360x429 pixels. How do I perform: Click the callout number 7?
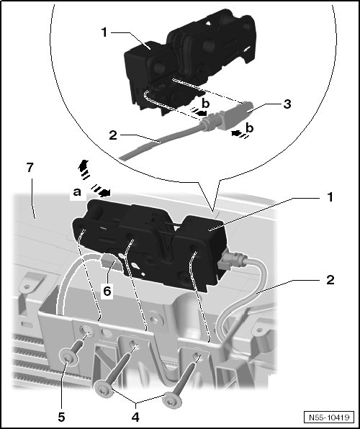tap(30, 168)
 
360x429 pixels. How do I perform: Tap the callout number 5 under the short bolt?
tap(61, 417)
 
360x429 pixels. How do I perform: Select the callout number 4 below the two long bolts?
tap(135, 417)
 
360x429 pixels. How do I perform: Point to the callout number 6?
tap(107, 291)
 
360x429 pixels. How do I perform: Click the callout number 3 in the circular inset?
tap(287, 104)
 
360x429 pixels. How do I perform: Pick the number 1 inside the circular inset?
tap(104, 32)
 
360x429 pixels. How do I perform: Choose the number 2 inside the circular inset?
tap(113, 135)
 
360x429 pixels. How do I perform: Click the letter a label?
tap(77, 192)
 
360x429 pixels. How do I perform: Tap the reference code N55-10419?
tap(329, 417)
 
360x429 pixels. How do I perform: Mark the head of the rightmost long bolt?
tap(172, 400)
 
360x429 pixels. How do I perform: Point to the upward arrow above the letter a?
tap(84, 169)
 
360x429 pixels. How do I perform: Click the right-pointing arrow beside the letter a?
tap(101, 191)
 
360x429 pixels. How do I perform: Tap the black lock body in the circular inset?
tap(189, 60)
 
